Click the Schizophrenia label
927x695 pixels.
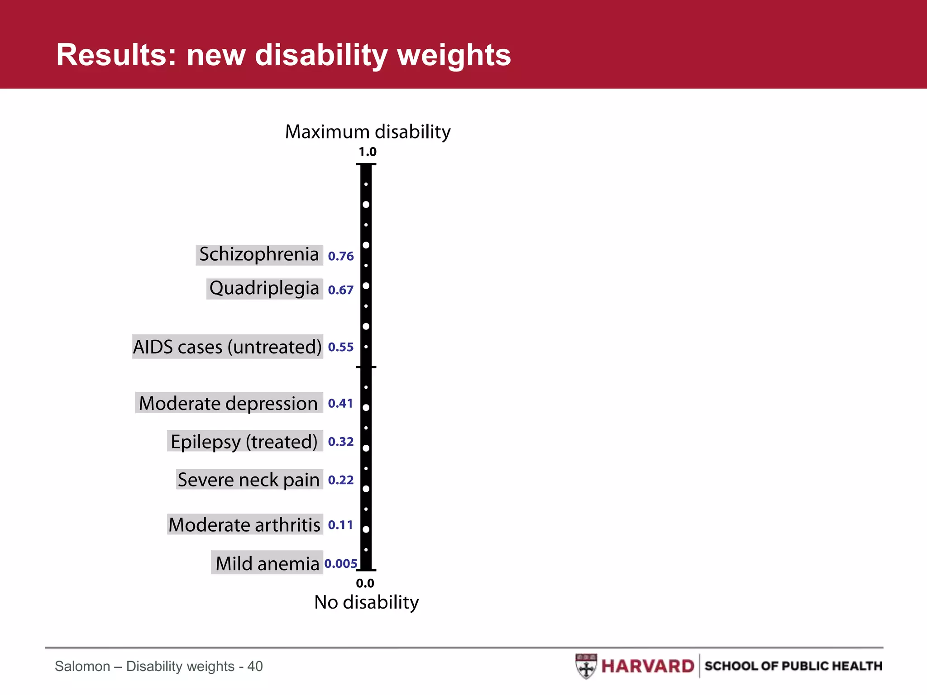coord(259,254)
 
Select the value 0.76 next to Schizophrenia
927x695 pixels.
coord(340,256)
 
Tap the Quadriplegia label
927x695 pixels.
coord(264,288)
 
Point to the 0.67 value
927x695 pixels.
coord(340,290)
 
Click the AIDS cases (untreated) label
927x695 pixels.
coord(227,347)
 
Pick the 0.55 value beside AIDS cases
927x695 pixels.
coord(340,347)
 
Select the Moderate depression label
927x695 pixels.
coord(229,403)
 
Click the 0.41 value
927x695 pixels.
coord(340,403)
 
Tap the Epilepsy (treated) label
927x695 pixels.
coord(244,442)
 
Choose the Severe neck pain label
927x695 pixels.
coord(248,480)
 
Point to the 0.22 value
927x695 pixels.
coord(340,480)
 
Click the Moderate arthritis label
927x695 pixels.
coord(244,525)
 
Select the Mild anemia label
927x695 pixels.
coord(267,563)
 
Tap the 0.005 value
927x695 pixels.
coord(340,564)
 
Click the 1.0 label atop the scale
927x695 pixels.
coord(367,152)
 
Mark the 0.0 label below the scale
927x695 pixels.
coord(365,583)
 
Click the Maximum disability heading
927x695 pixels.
coord(368,132)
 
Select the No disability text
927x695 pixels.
coord(366,602)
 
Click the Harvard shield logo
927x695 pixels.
coord(586,666)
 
